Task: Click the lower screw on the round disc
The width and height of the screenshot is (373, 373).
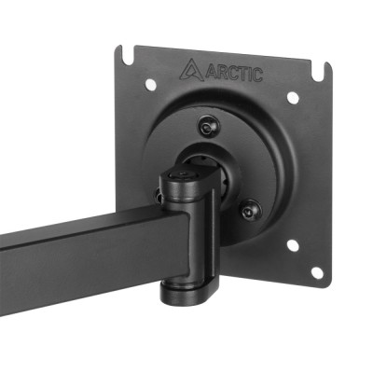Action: pos(247,211)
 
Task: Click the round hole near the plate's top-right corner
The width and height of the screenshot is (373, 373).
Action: pos(293,98)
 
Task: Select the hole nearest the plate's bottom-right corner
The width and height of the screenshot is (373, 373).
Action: pos(316,272)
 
